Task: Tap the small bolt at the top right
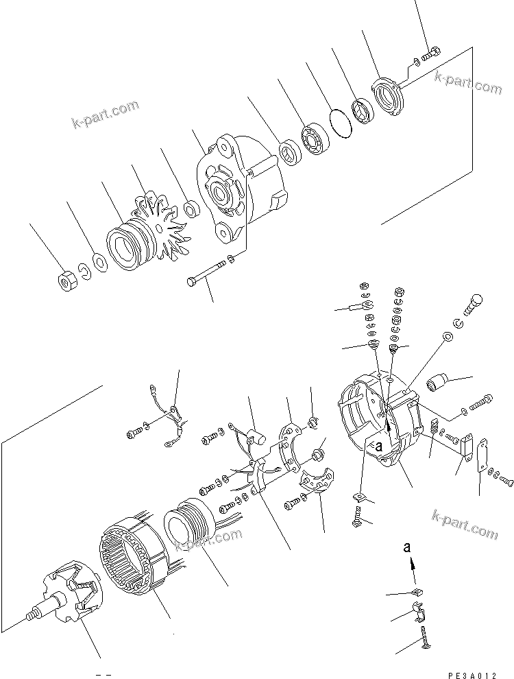point(432,51)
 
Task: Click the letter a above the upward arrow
point(407,548)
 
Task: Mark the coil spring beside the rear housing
point(434,433)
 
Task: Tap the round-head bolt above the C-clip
point(476,302)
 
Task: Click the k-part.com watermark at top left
point(105,115)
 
